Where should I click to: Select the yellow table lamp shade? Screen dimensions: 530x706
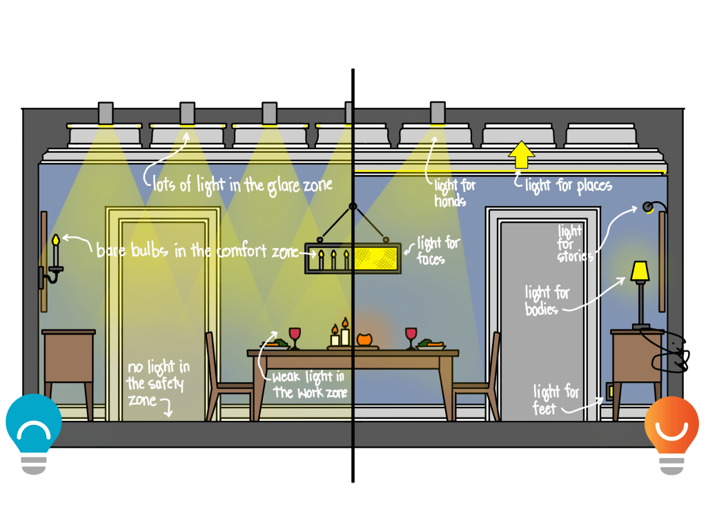click(x=640, y=272)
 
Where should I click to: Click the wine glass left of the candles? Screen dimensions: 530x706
click(x=295, y=337)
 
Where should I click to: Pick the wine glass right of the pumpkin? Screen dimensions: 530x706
click(x=411, y=337)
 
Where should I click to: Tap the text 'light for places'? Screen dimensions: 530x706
click(x=568, y=185)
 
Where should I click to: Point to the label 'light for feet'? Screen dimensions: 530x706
click(x=556, y=399)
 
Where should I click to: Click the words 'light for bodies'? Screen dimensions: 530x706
click(x=547, y=299)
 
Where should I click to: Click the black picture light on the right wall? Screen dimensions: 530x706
click(x=649, y=207)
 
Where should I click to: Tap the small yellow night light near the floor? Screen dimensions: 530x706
click(x=609, y=392)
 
